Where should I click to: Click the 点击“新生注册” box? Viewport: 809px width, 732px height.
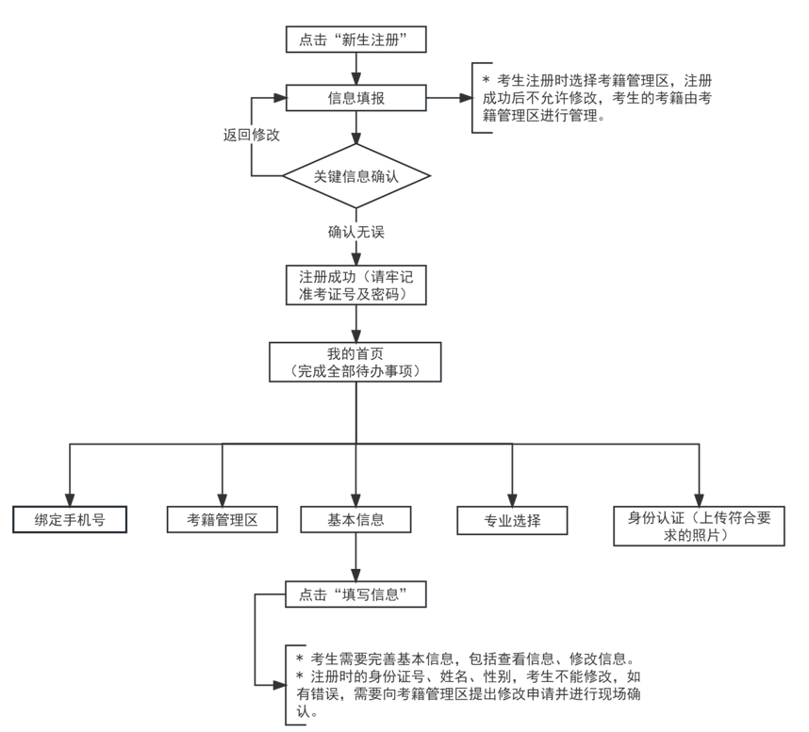point(356,40)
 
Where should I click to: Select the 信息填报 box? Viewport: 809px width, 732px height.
point(356,98)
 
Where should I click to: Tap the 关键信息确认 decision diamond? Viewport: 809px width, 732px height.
point(356,176)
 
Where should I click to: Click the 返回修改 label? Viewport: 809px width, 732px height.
point(251,135)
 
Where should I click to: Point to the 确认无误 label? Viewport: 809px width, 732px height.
point(356,231)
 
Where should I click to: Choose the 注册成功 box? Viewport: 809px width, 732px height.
point(356,285)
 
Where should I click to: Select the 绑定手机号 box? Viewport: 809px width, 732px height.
point(70,519)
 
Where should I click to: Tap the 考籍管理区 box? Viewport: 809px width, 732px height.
point(223,519)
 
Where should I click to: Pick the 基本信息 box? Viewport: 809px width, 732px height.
point(356,519)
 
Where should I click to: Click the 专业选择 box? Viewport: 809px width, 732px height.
point(512,520)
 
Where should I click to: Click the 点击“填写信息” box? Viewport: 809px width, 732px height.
point(356,594)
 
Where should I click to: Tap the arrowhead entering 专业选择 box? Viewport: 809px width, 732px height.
point(512,499)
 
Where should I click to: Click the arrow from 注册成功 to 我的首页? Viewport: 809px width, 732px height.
point(356,323)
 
